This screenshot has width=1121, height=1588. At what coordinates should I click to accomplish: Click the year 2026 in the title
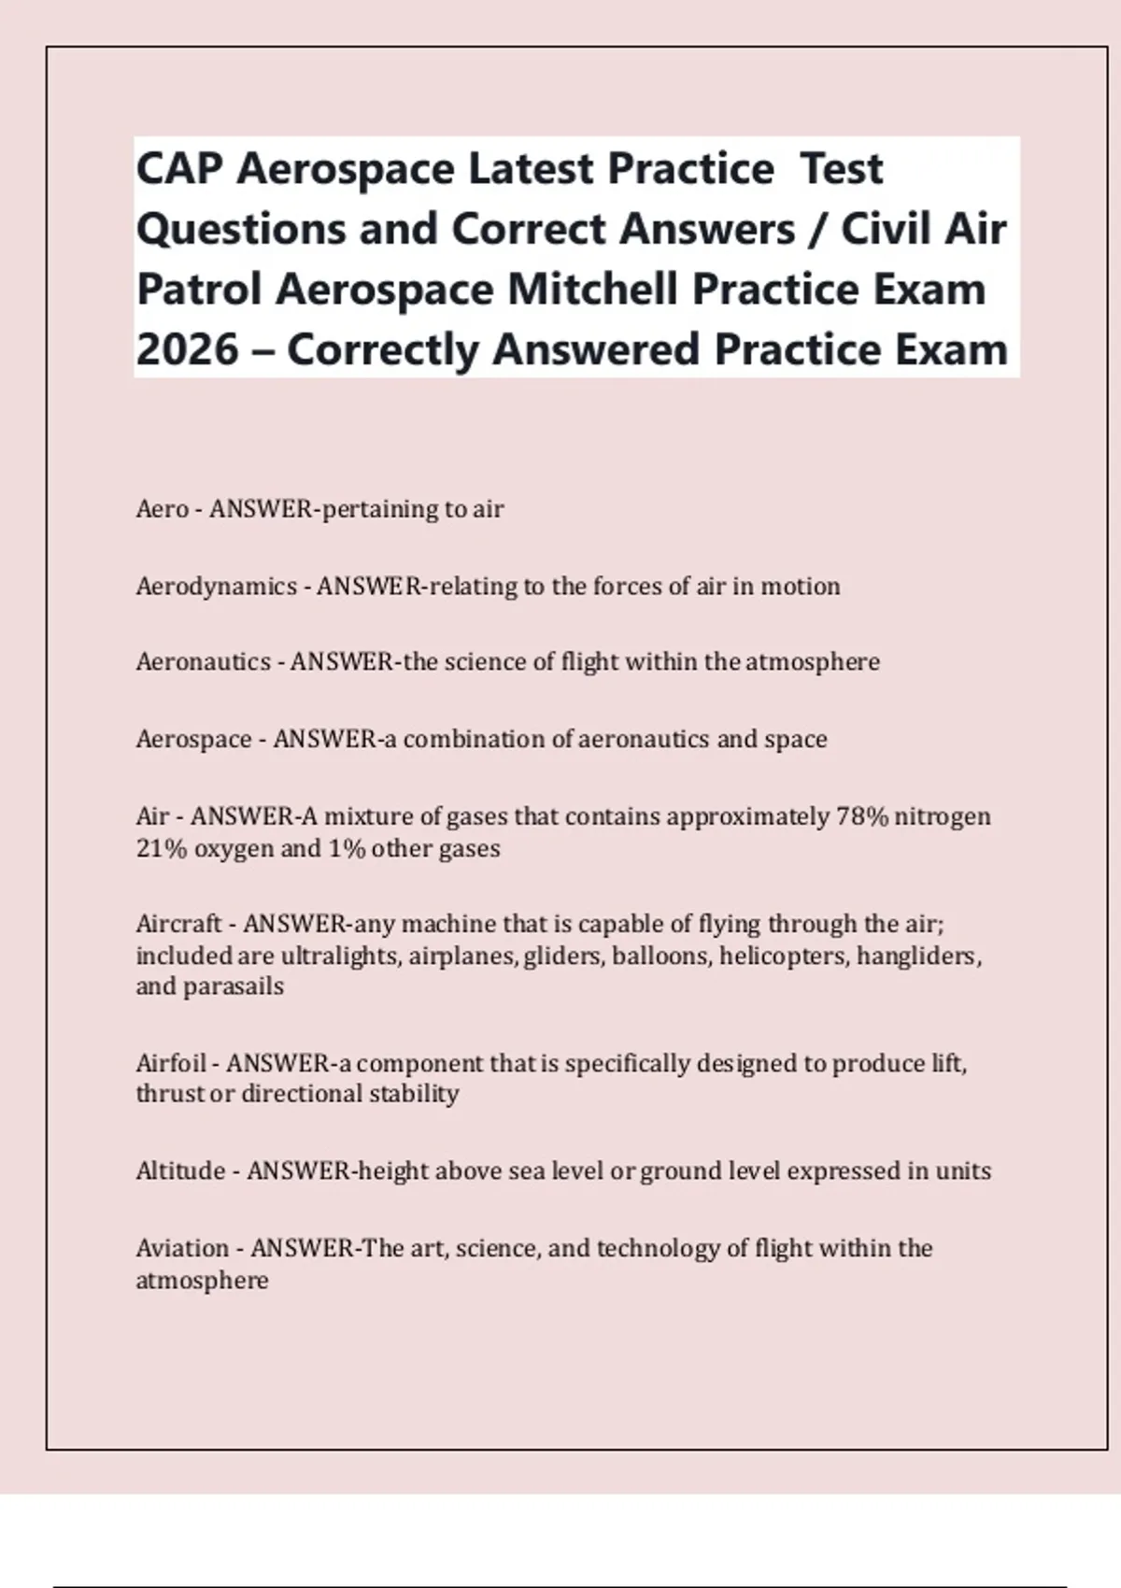[x=187, y=349]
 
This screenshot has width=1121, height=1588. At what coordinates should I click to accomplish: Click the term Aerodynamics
[x=216, y=587]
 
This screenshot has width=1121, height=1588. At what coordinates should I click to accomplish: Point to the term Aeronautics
[x=203, y=662]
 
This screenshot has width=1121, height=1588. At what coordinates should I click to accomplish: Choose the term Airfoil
[x=170, y=1063]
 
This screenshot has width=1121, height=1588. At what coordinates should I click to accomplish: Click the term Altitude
[x=180, y=1170]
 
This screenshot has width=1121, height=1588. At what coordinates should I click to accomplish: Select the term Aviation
[x=182, y=1248]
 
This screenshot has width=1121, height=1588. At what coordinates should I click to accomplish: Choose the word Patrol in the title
[x=199, y=290]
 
